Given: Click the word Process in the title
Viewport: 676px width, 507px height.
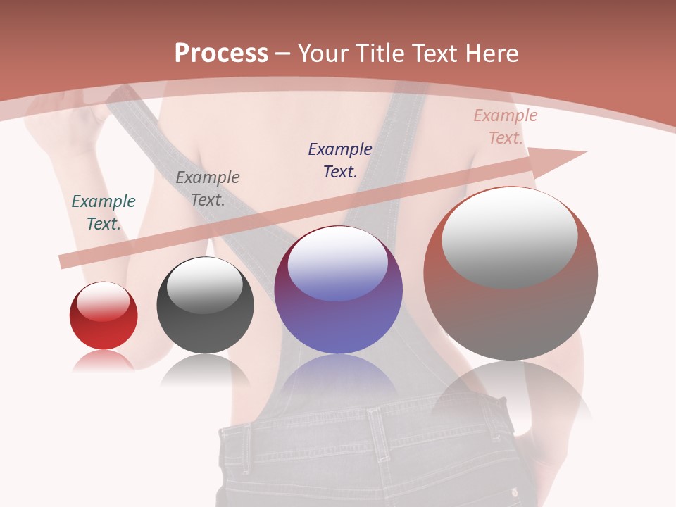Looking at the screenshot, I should tap(221, 53).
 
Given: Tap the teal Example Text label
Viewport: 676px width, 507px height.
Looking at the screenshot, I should tap(104, 212).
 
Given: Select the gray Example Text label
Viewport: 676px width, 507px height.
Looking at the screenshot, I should tap(208, 188).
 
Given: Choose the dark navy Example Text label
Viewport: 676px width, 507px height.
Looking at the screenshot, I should tap(340, 160).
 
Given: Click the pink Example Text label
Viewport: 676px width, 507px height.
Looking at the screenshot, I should tap(505, 127).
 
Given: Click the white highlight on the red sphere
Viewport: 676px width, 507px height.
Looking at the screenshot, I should tap(103, 301).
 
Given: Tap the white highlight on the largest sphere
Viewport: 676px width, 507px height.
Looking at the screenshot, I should tap(509, 237).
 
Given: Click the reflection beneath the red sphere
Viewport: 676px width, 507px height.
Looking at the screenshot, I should tap(103, 361).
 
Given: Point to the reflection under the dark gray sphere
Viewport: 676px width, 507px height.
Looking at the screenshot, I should tap(205, 370).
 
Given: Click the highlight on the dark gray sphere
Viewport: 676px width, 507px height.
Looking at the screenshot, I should tap(204, 285).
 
